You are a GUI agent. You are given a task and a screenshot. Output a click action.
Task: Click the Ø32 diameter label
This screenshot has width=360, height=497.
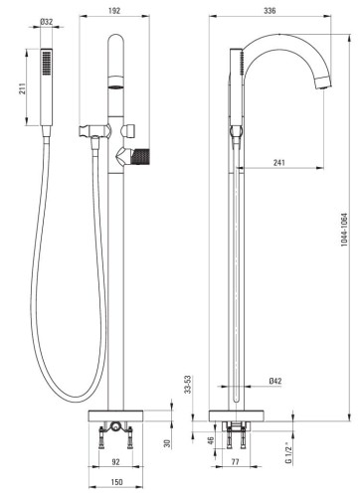47,22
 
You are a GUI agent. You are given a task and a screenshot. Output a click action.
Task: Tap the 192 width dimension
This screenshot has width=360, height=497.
114,11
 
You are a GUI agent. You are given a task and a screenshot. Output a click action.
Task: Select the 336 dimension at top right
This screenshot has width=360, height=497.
270,11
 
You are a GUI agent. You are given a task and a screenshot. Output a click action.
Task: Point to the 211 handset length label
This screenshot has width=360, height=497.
22,88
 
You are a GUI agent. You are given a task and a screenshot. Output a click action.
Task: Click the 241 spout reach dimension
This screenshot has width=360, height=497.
279,163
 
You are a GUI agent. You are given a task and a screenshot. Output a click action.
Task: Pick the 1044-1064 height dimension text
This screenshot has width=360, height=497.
344,230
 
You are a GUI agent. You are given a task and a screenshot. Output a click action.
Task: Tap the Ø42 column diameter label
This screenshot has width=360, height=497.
275,381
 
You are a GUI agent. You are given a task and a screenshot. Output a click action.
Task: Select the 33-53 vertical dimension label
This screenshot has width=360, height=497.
188,385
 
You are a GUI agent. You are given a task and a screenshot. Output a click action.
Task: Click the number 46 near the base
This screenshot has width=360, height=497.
211,441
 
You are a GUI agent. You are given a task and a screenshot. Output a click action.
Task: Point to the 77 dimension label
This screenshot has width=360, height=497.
235,461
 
